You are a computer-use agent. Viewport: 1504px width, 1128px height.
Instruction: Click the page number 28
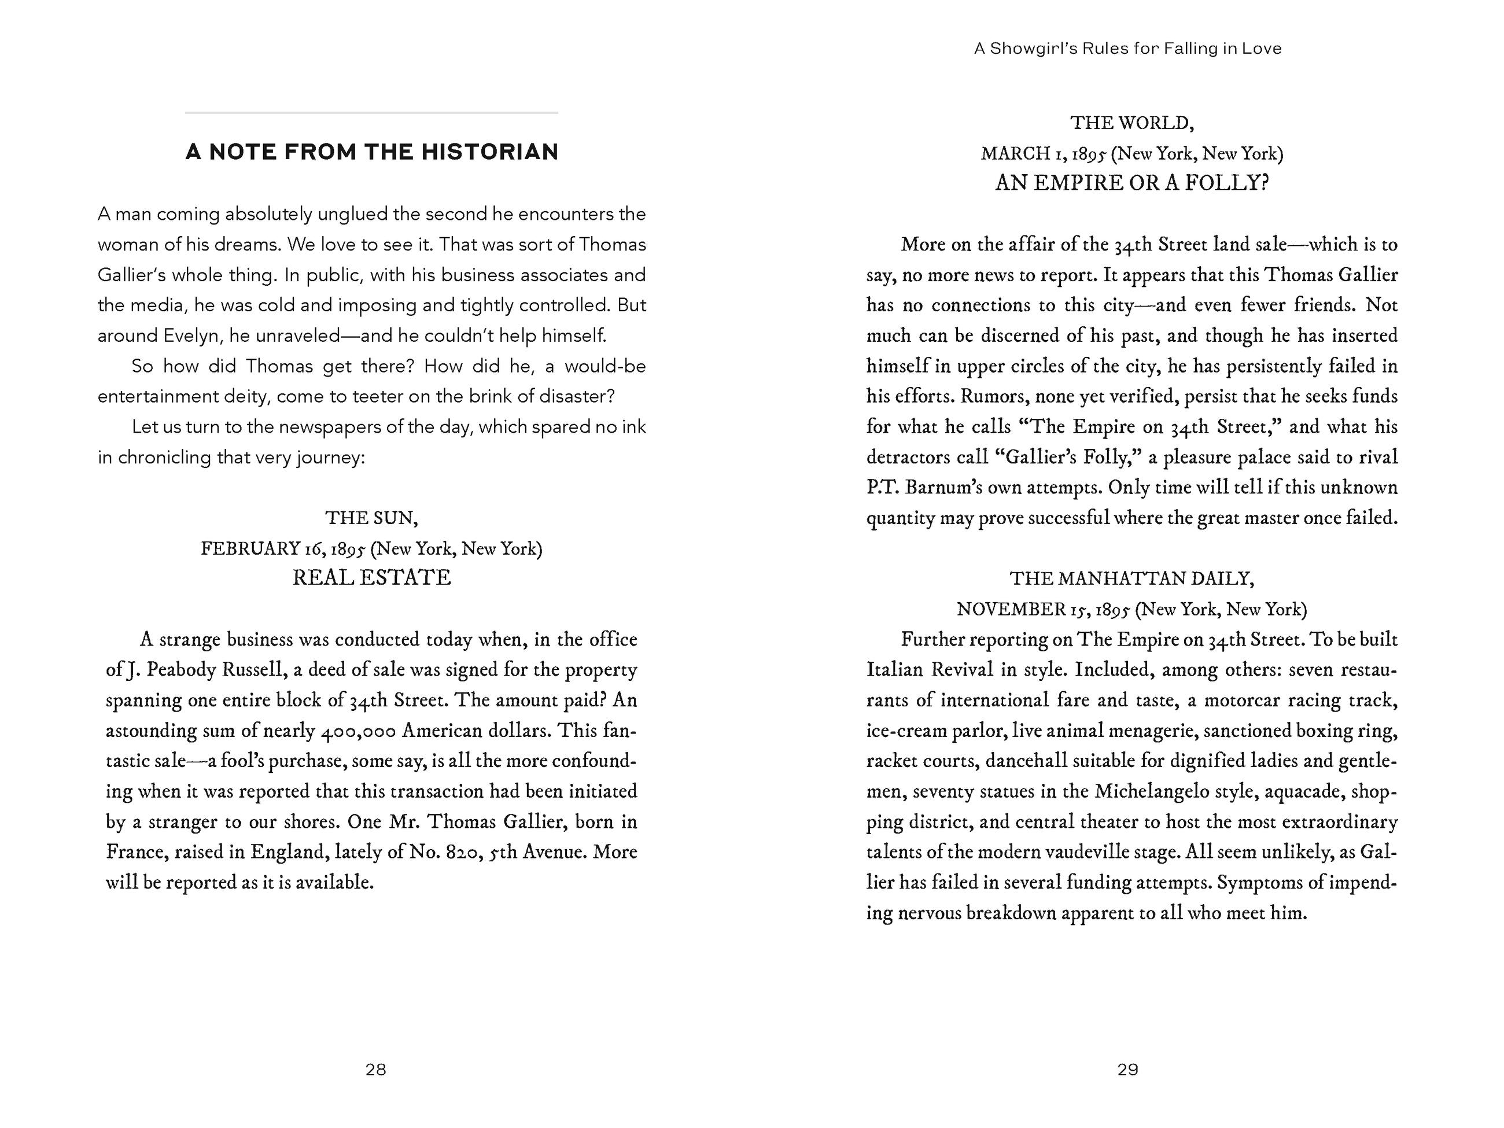click(375, 1070)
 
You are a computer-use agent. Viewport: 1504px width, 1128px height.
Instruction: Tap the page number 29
click(1127, 1070)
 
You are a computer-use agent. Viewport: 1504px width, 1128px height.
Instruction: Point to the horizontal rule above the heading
click(371, 112)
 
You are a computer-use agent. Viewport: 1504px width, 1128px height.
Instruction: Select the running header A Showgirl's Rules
click(1127, 48)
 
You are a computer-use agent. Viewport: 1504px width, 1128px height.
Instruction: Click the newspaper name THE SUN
click(371, 518)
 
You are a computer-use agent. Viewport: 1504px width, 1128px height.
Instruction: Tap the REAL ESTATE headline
click(371, 577)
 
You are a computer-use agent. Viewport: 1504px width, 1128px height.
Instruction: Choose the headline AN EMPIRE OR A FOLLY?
click(1131, 183)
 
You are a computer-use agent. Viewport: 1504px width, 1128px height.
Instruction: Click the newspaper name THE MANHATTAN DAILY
click(1131, 578)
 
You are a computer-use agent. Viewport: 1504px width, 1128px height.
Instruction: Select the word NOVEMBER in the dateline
click(1011, 609)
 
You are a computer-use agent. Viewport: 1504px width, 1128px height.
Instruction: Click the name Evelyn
click(193, 336)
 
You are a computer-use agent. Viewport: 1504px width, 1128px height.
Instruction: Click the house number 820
click(465, 853)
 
